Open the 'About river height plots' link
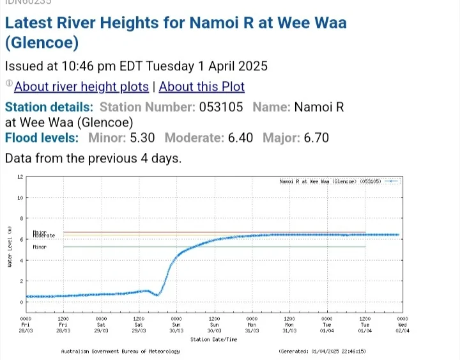(81, 86)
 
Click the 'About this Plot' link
(201, 86)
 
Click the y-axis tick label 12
(20, 176)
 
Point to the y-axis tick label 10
(20, 198)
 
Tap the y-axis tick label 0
(21, 302)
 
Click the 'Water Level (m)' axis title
(9, 247)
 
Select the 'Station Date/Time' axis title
(214, 339)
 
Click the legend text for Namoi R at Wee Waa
(330, 182)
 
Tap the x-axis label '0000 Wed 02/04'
(402, 323)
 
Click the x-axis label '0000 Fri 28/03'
(26, 323)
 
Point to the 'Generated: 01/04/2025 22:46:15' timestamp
(322, 351)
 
